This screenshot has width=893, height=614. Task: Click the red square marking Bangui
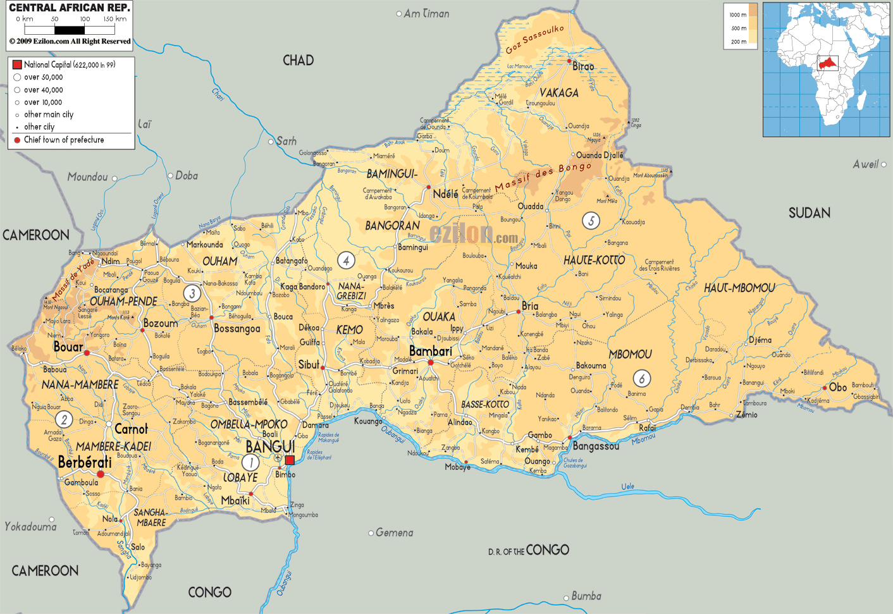(x=290, y=460)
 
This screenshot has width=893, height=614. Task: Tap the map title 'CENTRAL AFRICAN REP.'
(x=70, y=8)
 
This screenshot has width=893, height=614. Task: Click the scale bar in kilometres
(x=70, y=30)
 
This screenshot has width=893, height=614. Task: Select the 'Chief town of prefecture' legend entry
(x=63, y=140)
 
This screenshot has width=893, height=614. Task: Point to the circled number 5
(x=591, y=221)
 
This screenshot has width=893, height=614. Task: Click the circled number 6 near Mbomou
(x=642, y=379)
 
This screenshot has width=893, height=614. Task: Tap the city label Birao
(x=583, y=66)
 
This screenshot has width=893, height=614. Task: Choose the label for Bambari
(x=431, y=351)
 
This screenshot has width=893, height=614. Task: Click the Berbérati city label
(x=85, y=462)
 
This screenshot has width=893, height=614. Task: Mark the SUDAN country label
(x=809, y=213)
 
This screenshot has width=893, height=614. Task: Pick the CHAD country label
(x=298, y=61)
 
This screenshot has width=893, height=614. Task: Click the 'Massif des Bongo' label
(x=543, y=176)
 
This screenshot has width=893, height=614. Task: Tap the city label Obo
(x=838, y=387)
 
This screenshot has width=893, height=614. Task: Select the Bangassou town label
(x=596, y=446)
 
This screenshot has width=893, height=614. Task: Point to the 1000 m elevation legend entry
(x=738, y=15)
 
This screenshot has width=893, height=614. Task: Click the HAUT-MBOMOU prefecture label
(x=739, y=288)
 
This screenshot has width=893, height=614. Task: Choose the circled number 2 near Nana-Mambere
(x=63, y=419)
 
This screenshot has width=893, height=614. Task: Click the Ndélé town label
(x=445, y=194)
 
